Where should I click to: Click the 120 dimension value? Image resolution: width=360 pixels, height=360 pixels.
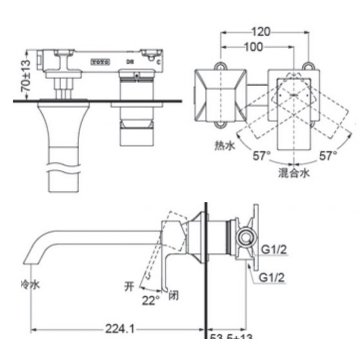click(x=261, y=32)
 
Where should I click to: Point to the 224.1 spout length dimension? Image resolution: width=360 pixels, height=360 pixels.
click(x=119, y=329)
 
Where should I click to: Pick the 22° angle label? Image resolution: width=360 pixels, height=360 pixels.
click(x=151, y=301)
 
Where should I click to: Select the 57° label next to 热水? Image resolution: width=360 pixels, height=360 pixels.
click(x=261, y=156)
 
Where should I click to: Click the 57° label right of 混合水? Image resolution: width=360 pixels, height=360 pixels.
click(x=328, y=156)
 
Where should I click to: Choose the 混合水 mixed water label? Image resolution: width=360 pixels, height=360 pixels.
click(x=294, y=172)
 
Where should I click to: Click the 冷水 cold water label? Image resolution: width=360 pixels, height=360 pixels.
click(x=30, y=284)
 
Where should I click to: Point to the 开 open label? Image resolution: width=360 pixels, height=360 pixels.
click(x=129, y=286)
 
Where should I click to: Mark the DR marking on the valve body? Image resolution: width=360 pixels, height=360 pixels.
click(x=130, y=62)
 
